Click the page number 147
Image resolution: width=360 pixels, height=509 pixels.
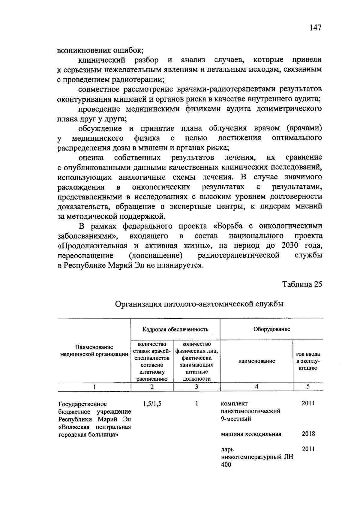pyautogui.click(x=315, y=28)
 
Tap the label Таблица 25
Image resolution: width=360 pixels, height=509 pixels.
pyautogui.click(x=302, y=284)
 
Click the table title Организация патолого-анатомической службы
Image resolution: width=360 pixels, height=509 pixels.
pyautogui.click(x=199, y=304)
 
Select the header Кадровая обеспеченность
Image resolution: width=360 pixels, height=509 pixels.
pyautogui.click(x=175, y=329)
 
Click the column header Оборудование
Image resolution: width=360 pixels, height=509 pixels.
pyautogui.click(x=271, y=329)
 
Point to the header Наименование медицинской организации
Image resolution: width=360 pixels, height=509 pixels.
pyautogui.click(x=94, y=351)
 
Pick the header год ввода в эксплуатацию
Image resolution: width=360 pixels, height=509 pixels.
pyautogui.click(x=308, y=361)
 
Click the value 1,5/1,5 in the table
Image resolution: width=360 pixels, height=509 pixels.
pyautogui.click(x=152, y=404)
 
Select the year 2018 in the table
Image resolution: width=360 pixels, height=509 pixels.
pyautogui.click(x=308, y=434)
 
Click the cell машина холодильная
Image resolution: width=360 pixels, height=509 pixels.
pyautogui.click(x=251, y=434)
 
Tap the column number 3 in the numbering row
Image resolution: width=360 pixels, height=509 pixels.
pyautogui.click(x=196, y=387)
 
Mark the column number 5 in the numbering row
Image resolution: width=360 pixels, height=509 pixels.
pyautogui.click(x=308, y=387)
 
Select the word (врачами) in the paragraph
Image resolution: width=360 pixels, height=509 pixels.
pyautogui.click(x=304, y=128)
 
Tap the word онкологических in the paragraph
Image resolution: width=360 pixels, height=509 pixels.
pyautogui.click(x=161, y=187)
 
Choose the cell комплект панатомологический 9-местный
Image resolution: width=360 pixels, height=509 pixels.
pyautogui.click(x=250, y=411)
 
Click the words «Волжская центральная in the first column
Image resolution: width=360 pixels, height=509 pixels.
pyautogui.click(x=94, y=427)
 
